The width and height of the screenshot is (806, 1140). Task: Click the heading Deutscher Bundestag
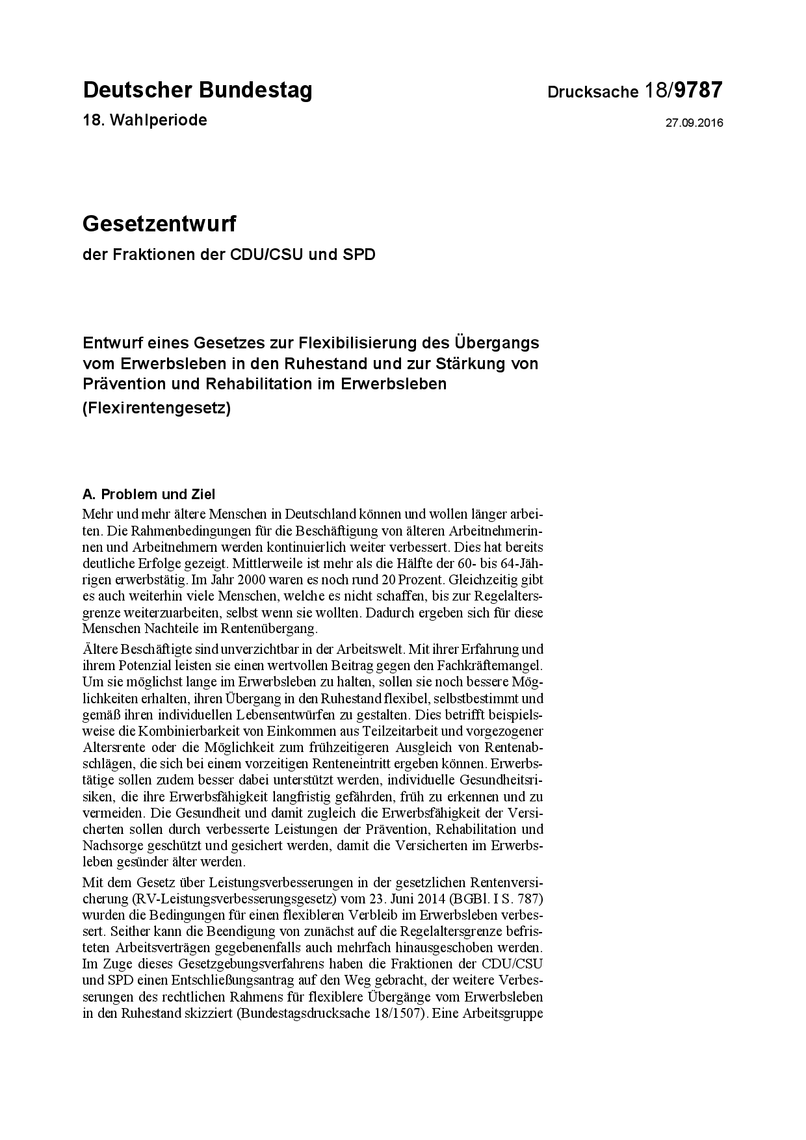(x=198, y=90)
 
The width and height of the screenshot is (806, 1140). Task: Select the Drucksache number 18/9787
(x=683, y=90)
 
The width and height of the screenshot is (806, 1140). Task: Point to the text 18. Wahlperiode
(x=145, y=120)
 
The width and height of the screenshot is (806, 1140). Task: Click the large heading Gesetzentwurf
(x=159, y=224)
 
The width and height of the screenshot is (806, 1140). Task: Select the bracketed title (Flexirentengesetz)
(x=157, y=409)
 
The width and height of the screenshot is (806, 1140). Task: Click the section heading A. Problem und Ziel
(x=149, y=495)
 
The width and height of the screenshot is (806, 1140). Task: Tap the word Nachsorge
(x=109, y=846)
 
